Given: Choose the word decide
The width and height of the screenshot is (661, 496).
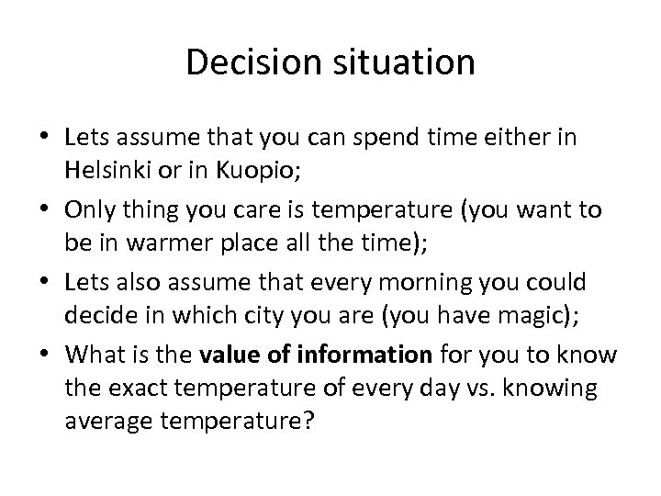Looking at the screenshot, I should [x=99, y=315].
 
